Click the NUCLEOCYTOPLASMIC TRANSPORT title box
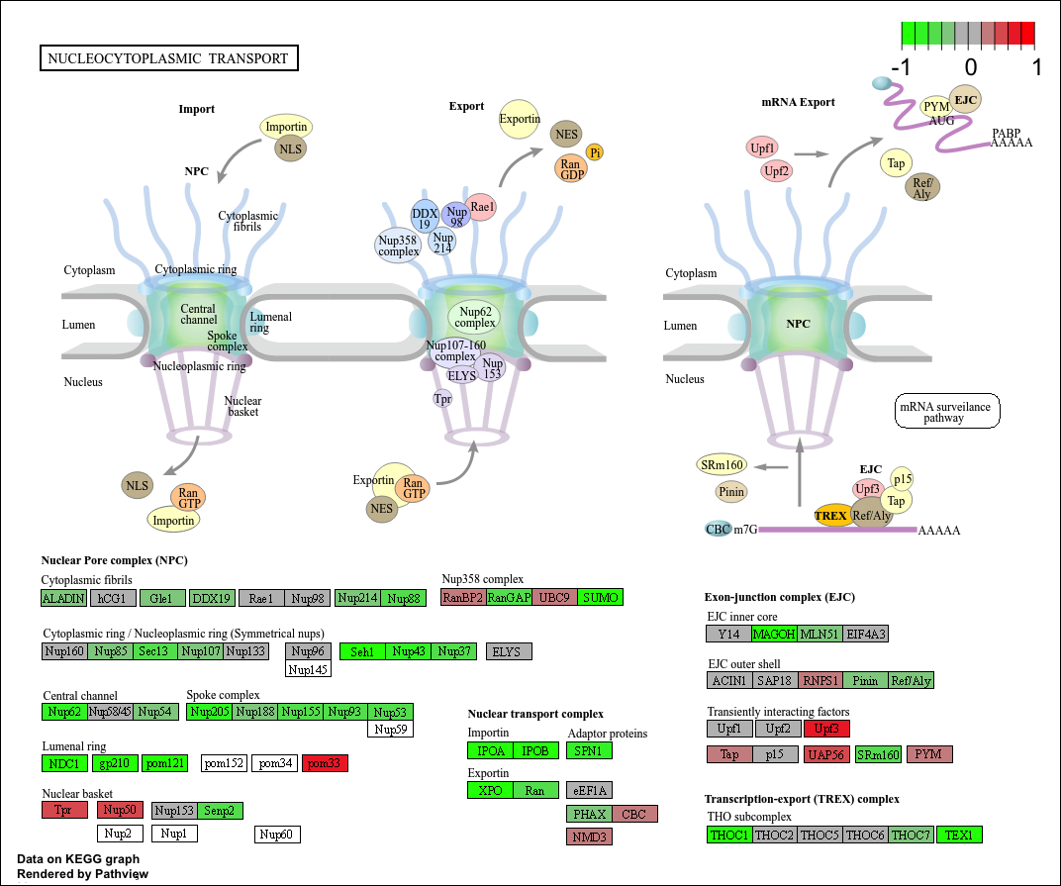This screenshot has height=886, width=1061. (168, 58)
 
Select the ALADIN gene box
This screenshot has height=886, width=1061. (64, 598)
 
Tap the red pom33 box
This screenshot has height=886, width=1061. (325, 763)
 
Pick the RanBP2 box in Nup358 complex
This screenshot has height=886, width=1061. (463, 597)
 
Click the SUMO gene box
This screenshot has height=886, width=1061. (600, 597)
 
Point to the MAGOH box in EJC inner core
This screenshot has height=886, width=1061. (774, 634)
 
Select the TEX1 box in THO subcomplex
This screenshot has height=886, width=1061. (959, 835)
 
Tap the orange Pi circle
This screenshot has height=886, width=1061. (595, 151)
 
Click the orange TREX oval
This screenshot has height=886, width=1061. (829, 515)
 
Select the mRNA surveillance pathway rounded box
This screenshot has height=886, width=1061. (945, 411)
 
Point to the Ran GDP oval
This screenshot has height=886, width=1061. (570, 169)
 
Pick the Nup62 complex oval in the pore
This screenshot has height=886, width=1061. (475, 317)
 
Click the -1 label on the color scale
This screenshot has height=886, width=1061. (901, 68)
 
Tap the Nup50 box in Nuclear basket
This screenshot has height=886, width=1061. (122, 810)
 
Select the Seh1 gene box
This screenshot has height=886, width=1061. (362, 651)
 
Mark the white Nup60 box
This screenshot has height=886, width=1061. (277, 835)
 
